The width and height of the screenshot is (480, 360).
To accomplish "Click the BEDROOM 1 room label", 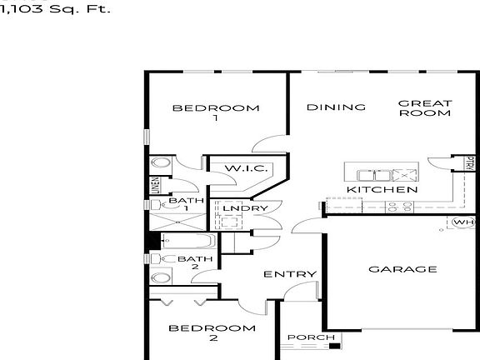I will pyautogui.click(x=215, y=112).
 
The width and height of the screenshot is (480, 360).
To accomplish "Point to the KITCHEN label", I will pyautogui.click(x=382, y=190).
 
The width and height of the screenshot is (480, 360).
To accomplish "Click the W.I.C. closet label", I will pyautogui.click(x=246, y=169).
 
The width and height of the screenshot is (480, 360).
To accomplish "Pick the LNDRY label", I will pyautogui.click(x=245, y=208).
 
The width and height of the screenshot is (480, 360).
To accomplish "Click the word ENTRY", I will pyautogui.click(x=290, y=274).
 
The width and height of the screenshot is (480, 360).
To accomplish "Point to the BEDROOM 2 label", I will pyautogui.click(x=212, y=333).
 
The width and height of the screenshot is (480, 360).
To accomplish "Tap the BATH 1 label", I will pyautogui.click(x=185, y=205).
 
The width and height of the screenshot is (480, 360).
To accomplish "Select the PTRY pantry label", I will pyautogui.click(x=471, y=163).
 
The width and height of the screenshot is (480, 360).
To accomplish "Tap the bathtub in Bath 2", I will pyautogui.click(x=187, y=242).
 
